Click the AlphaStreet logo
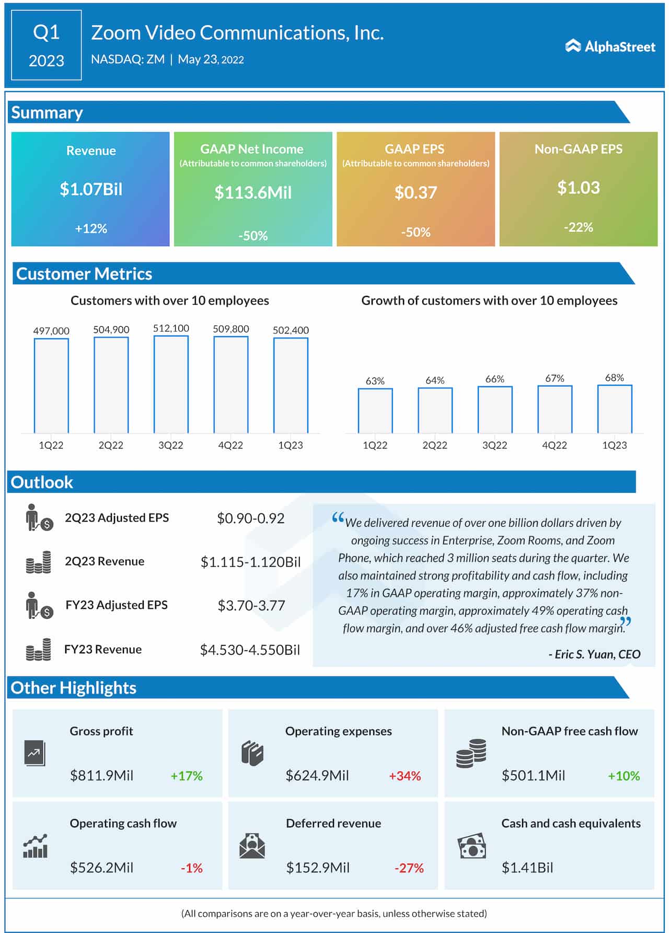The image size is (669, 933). click(610, 47)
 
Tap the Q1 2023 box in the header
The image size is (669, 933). click(47, 45)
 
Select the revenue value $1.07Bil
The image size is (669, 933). click(91, 189)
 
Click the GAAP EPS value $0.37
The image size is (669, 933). click(416, 192)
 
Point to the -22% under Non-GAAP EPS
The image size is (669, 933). click(578, 227)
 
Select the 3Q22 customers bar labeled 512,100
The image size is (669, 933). click(171, 384)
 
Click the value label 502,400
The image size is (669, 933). click(291, 330)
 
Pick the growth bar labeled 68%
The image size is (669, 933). click(614, 409)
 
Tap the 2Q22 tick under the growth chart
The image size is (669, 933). click(435, 445)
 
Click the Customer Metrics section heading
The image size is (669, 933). click(84, 274)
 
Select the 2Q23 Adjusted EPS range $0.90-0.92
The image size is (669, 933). click(251, 518)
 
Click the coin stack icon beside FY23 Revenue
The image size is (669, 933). click(39, 650)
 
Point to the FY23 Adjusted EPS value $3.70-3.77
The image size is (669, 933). click(251, 605)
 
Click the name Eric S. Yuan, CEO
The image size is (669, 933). click(594, 654)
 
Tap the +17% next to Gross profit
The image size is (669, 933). click(187, 776)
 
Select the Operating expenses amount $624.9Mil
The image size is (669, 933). click(317, 775)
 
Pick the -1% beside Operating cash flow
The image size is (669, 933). click(191, 868)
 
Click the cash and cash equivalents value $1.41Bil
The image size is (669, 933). click(527, 868)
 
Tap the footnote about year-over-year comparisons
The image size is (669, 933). click(334, 914)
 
